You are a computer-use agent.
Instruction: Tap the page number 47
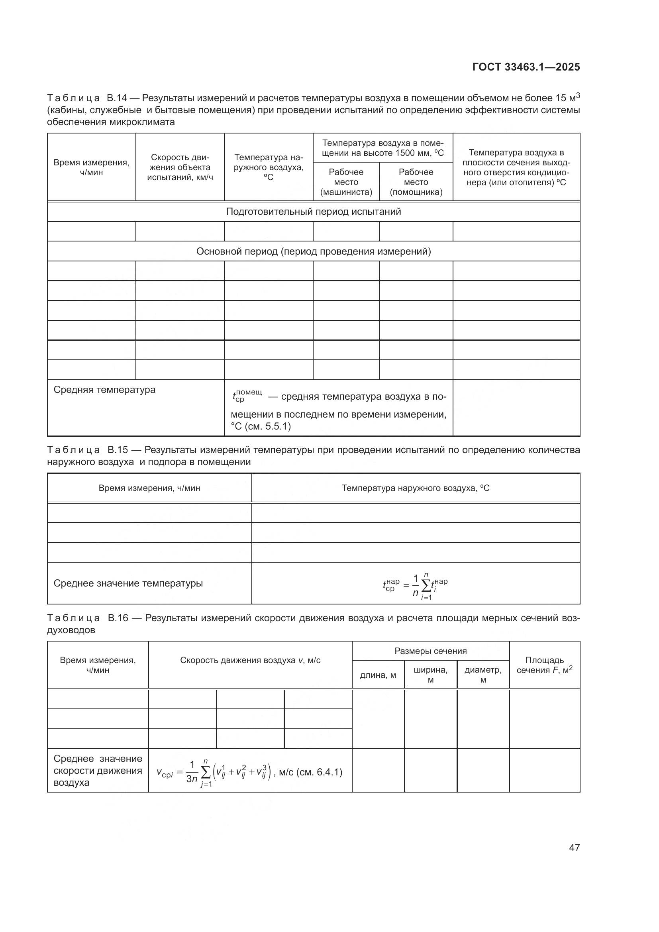pos(574,847)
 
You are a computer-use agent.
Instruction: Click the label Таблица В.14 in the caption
pos(87,98)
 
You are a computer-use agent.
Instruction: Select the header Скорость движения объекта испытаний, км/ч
pos(180,167)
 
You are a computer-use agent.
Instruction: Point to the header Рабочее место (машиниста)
pos(346,182)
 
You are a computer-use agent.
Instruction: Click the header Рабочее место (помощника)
pos(416,182)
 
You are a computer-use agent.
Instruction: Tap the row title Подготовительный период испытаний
pos(313,212)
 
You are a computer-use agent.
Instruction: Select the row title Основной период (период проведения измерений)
pos(313,251)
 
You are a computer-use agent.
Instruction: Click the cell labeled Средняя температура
pos(104,390)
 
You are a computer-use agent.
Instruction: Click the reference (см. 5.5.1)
pos(268,426)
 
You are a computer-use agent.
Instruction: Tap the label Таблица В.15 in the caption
pos(87,450)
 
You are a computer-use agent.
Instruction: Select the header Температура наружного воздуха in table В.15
pos(416,488)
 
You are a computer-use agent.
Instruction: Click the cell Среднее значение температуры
pos(128,583)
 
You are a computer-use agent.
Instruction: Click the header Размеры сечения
pos(431,651)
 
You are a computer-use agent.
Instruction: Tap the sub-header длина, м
pos(378,675)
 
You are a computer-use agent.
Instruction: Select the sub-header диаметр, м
pos(483,675)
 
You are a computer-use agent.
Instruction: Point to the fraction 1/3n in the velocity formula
pos(192,772)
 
